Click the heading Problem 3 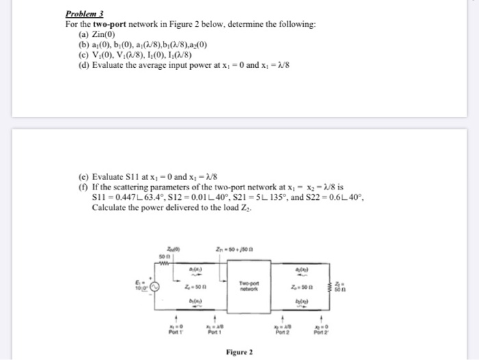[83, 13]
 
